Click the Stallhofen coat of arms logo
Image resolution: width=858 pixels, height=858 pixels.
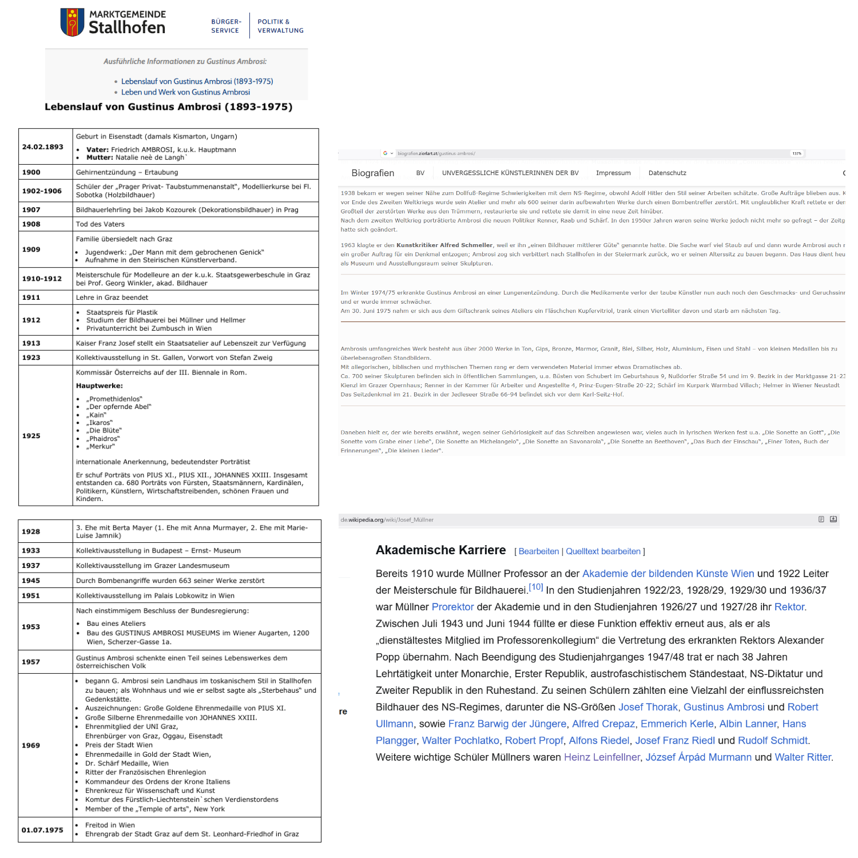(72, 22)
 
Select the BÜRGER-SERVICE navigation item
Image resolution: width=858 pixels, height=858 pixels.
(225, 26)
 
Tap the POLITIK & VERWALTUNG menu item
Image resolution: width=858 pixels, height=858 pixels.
(280, 26)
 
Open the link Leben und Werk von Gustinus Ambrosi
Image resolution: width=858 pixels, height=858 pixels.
(185, 92)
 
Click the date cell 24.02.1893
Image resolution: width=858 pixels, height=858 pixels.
(43, 147)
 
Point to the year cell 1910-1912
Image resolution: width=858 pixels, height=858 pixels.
(42, 279)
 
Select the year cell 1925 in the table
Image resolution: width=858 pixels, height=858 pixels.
(31, 436)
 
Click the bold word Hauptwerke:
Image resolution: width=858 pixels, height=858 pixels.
(100, 386)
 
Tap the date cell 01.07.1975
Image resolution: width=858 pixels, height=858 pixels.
(42, 830)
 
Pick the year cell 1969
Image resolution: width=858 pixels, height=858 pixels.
(31, 745)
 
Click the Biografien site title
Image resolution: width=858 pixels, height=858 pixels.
(372, 173)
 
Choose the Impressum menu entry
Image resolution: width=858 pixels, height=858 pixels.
(613, 173)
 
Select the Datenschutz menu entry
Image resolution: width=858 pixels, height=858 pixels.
(667, 173)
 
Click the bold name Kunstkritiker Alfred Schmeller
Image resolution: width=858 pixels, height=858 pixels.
(444, 245)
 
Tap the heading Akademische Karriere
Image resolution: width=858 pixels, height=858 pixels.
(440, 550)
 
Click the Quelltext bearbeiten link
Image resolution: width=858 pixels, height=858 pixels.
(603, 551)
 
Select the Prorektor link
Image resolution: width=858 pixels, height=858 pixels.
(452, 607)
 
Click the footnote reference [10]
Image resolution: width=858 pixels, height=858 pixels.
(535, 587)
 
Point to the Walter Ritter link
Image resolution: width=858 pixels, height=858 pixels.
(803, 757)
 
